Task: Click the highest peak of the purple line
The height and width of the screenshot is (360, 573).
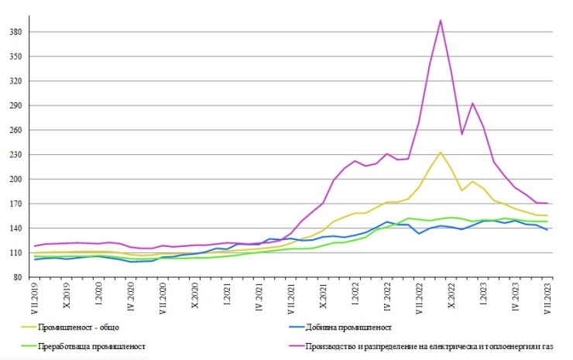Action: pos(441,20)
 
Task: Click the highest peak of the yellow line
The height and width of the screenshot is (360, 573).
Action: pos(440,153)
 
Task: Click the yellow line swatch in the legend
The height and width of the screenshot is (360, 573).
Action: pos(32,328)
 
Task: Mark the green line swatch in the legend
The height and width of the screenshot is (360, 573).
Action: pos(32,347)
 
